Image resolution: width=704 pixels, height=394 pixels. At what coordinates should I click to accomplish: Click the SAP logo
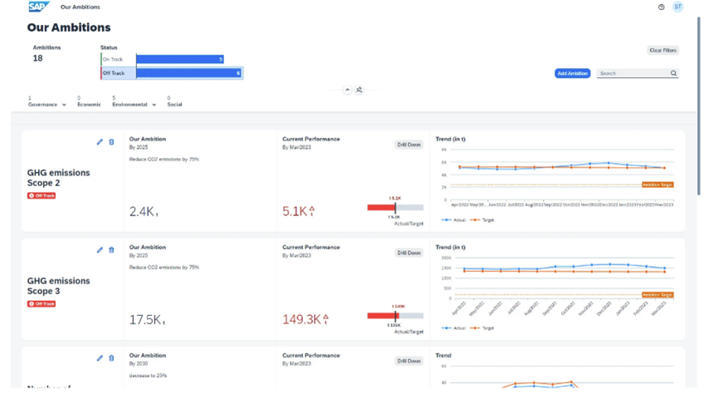click(38, 7)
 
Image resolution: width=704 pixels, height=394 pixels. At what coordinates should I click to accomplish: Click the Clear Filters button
click(662, 51)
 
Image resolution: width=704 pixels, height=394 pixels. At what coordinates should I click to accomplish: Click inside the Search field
click(633, 74)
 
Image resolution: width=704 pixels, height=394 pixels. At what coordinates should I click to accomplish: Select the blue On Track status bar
click(179, 60)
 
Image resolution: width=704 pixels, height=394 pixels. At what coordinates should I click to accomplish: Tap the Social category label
click(174, 105)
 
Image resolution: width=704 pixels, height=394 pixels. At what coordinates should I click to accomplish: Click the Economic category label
click(89, 105)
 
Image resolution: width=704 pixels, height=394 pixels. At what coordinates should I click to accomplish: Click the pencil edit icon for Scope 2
click(100, 142)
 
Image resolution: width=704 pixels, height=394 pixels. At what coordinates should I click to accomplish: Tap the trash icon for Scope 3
click(111, 250)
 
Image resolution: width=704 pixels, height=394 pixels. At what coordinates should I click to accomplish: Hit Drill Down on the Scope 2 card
click(408, 145)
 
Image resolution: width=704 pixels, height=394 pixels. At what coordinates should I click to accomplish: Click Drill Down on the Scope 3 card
click(408, 253)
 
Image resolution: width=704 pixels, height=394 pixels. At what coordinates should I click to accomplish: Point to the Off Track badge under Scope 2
click(42, 196)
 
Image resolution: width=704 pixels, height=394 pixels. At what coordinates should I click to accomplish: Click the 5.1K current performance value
click(296, 212)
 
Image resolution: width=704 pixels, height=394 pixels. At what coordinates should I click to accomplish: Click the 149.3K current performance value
click(302, 320)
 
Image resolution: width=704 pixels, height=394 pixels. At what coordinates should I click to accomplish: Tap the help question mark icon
click(661, 7)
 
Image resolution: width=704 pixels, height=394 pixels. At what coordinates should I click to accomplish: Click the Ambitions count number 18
click(37, 59)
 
